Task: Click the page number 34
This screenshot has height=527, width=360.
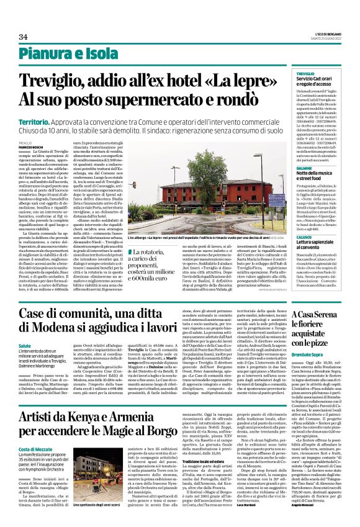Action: pos(23,37)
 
